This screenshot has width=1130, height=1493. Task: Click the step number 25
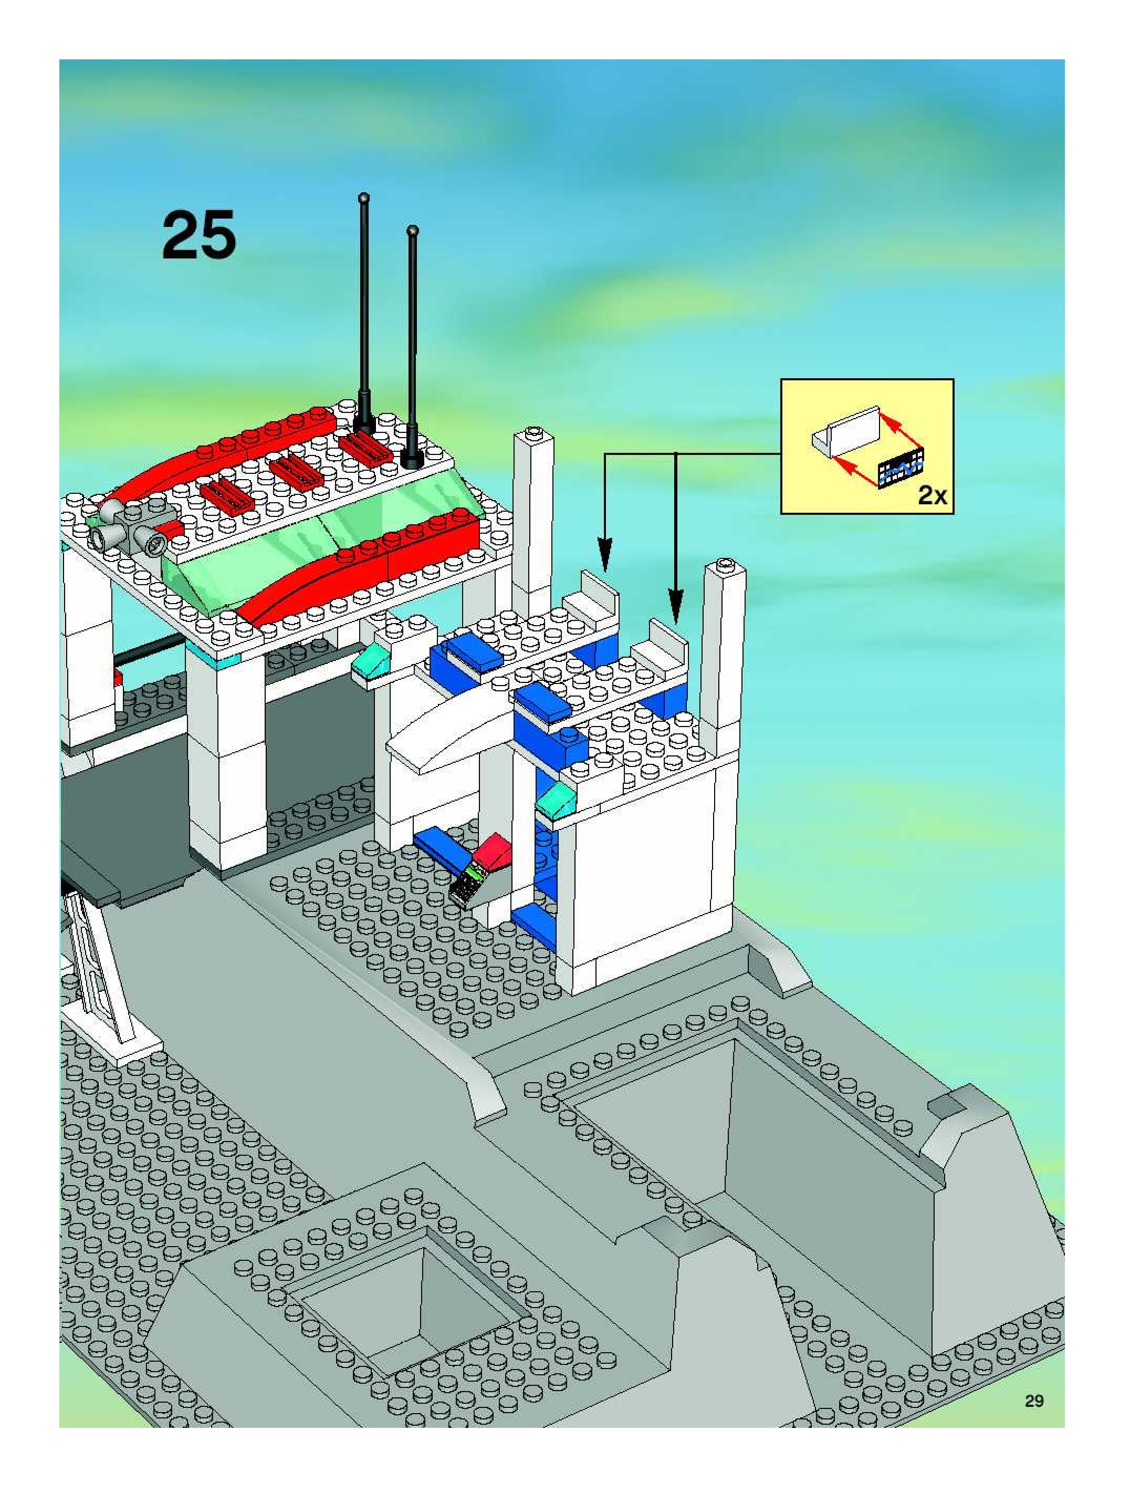199,234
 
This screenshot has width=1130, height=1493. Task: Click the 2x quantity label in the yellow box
933,496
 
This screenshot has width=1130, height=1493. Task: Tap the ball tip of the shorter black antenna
413,231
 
